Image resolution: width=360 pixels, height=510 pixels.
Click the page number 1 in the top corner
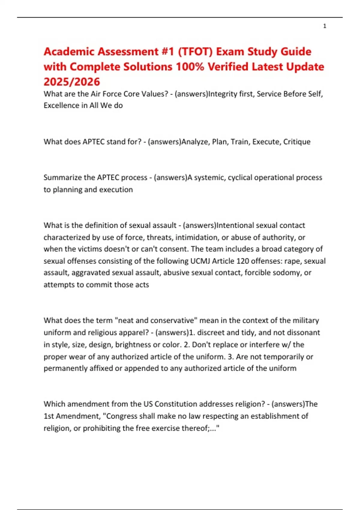pos(325,26)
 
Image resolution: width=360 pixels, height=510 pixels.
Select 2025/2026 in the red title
pos(72,82)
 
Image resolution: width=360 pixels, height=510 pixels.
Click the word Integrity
pos(223,94)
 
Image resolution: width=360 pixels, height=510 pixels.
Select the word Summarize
pos(63,178)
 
